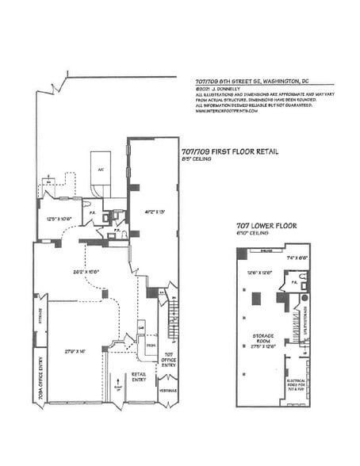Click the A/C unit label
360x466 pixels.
[x=101, y=169]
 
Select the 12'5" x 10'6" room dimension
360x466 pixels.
[x=59, y=218]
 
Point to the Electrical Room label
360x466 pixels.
[x=298, y=388]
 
